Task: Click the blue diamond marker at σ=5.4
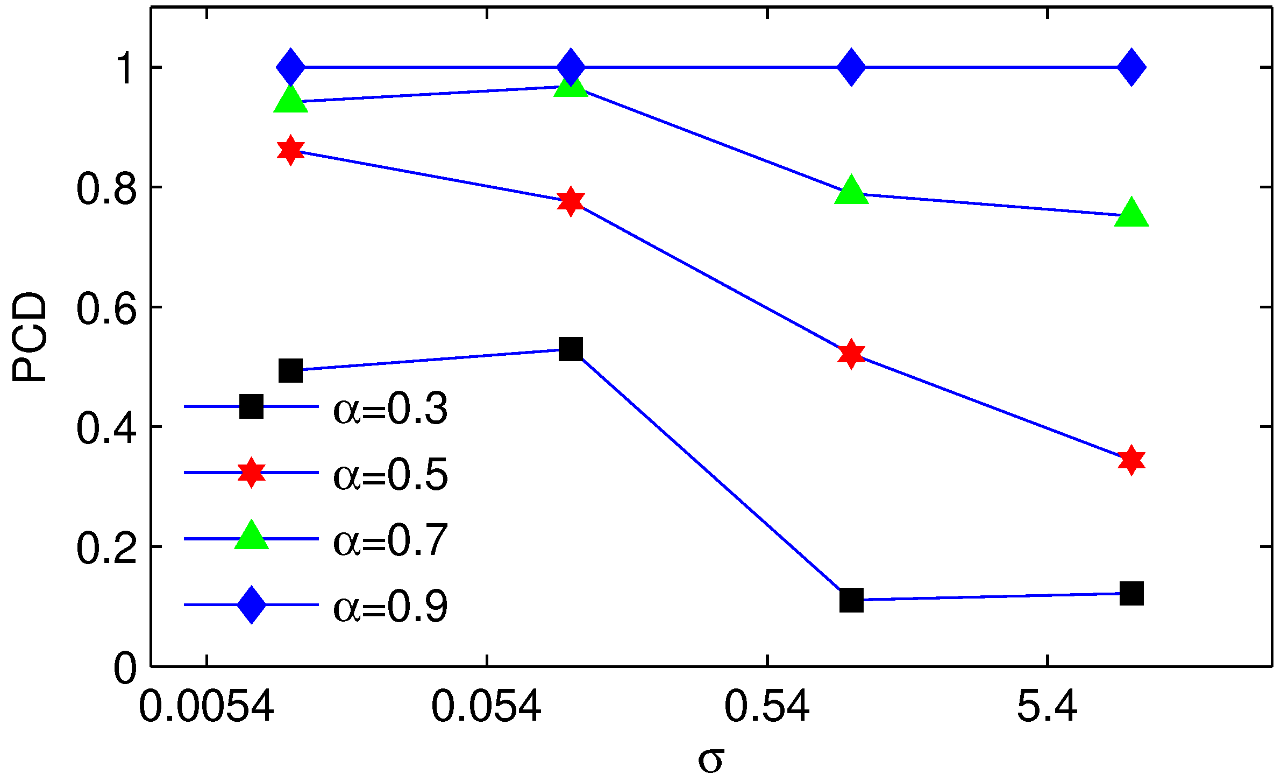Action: tap(1131, 67)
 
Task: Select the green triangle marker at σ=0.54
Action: tap(851, 191)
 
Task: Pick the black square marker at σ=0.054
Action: tap(571, 349)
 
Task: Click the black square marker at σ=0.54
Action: tap(851, 600)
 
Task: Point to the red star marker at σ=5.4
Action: tap(1131, 460)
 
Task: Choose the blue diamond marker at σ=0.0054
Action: tap(290, 67)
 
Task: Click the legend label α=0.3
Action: tap(390, 409)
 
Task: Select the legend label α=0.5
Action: tap(390, 475)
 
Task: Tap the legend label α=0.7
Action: tap(390, 540)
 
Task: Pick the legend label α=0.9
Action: tap(390, 607)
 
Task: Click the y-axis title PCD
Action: tap(30, 337)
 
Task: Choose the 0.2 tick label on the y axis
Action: tap(106, 548)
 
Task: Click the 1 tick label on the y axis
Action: tap(126, 68)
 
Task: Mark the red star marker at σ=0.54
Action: tap(851, 354)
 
